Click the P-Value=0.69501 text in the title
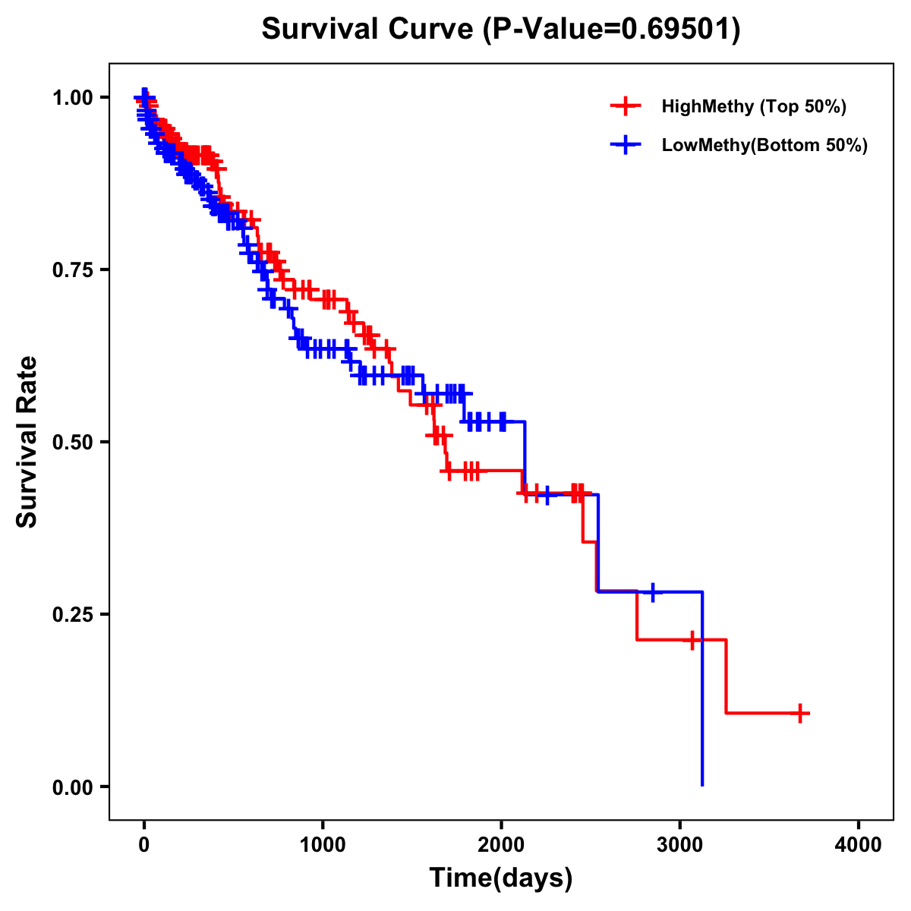coord(613,30)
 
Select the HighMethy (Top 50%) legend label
coord(754,106)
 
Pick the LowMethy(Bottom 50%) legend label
coord(764,145)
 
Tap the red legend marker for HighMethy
coord(625,106)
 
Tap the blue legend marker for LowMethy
coord(625,145)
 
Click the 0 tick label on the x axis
coord(144,844)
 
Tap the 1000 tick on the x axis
coord(323,844)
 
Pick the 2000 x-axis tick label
coord(501,844)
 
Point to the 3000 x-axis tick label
coord(680,844)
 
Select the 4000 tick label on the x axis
coord(859,844)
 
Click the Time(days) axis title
coord(501,878)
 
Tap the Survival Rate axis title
coord(27,442)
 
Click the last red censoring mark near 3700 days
coord(800,713)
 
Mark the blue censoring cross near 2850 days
coord(652,591)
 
